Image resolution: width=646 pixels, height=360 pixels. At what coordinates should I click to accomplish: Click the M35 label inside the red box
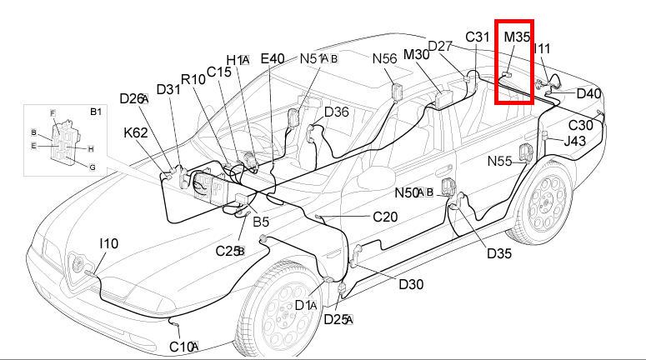pyautogui.click(x=517, y=38)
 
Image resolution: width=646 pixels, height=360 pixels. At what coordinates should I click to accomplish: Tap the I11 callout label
pyautogui.click(x=542, y=50)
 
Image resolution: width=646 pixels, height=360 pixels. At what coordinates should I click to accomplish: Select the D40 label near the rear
pyautogui.click(x=588, y=93)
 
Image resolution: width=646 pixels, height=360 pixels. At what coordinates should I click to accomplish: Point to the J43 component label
pyautogui.click(x=575, y=141)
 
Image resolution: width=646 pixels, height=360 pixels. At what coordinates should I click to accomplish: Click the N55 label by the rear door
pyautogui.click(x=500, y=161)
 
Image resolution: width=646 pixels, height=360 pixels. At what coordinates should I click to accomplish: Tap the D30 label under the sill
pyautogui.click(x=411, y=284)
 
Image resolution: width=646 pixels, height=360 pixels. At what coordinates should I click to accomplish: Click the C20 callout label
pyautogui.click(x=385, y=217)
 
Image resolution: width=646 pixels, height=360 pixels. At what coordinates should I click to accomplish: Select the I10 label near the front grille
pyautogui.click(x=108, y=243)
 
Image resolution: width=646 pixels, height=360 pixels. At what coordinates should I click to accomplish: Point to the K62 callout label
pyautogui.click(x=136, y=132)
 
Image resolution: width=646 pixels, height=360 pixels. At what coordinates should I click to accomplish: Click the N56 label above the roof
pyautogui.click(x=385, y=58)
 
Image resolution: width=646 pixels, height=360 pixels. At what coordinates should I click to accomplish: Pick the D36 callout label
pyautogui.click(x=337, y=112)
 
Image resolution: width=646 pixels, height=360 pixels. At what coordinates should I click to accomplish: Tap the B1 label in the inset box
pyautogui.click(x=95, y=111)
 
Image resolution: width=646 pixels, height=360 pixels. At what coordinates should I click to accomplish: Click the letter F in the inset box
pyautogui.click(x=53, y=112)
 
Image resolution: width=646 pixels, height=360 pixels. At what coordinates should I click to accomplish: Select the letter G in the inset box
pyautogui.click(x=93, y=167)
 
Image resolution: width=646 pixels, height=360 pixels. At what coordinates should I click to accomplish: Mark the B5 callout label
pyautogui.click(x=261, y=222)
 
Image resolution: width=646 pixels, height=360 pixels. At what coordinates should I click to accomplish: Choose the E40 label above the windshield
pyautogui.click(x=273, y=58)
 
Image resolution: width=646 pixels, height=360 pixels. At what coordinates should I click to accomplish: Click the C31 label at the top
pyautogui.click(x=478, y=37)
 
